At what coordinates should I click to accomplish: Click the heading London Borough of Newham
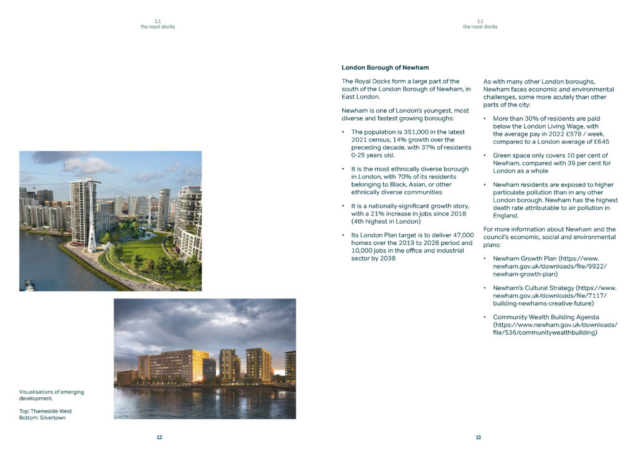click(385, 67)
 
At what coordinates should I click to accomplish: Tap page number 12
click(159, 437)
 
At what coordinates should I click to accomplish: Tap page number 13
click(478, 437)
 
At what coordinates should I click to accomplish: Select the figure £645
click(599, 141)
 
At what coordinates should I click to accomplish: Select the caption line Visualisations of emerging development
click(51, 395)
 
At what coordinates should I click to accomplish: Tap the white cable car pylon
click(92, 212)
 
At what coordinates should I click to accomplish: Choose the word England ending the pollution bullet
click(505, 216)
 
